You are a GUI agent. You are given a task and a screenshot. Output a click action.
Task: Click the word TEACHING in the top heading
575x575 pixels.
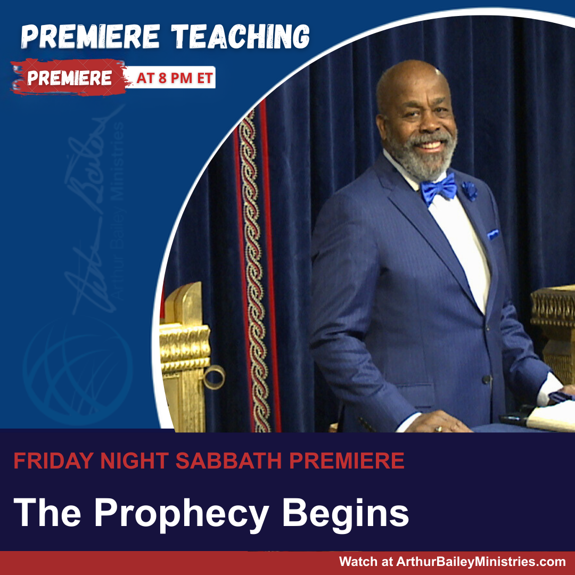241,37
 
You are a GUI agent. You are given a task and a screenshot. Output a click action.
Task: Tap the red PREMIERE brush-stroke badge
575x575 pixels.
69,77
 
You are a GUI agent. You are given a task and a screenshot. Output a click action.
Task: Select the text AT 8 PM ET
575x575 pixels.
175,78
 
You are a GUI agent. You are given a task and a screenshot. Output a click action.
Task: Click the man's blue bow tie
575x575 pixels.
439,189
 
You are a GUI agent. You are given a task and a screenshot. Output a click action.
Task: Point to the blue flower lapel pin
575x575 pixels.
470,191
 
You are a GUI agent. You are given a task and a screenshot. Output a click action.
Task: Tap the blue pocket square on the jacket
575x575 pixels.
493,234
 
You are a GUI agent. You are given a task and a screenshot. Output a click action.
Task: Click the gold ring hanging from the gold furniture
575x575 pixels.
214,377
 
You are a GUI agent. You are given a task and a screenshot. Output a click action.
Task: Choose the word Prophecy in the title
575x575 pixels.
182,513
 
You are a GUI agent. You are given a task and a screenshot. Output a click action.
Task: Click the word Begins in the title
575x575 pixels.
345,513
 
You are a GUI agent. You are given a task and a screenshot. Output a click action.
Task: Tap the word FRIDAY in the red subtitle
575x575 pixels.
54,461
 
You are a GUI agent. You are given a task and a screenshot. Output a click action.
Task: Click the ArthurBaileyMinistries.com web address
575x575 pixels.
481,562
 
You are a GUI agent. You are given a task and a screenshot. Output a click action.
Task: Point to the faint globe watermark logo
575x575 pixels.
77,371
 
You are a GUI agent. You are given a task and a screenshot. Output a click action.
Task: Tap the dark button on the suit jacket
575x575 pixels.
487,380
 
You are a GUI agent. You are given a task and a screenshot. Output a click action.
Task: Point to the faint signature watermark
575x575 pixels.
92,209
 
